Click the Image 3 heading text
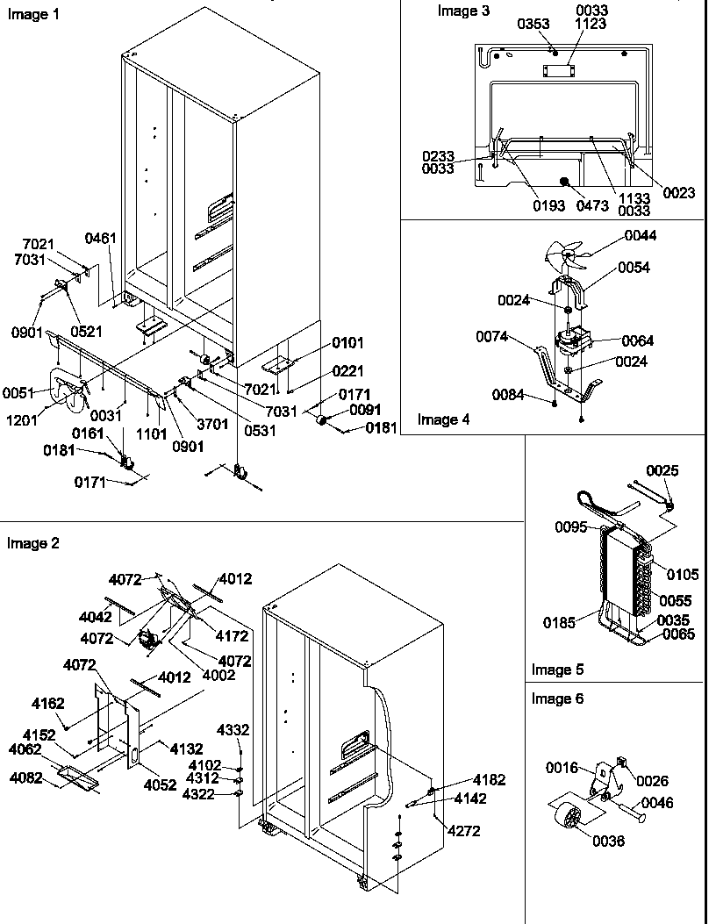click(464, 11)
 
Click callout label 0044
click(641, 235)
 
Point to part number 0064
click(638, 340)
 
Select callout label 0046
click(656, 802)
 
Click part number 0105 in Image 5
click(682, 574)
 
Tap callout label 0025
click(662, 471)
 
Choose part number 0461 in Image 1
click(100, 237)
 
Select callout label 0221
click(347, 371)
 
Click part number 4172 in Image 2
click(233, 636)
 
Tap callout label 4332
click(233, 730)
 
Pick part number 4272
click(463, 831)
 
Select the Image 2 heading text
click(32, 543)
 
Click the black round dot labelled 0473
click(563, 182)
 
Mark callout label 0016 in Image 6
click(562, 768)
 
